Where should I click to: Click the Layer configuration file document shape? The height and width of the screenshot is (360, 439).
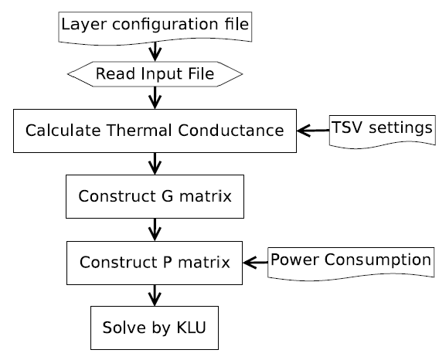click(x=155, y=28)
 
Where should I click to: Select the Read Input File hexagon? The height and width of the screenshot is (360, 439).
click(x=155, y=74)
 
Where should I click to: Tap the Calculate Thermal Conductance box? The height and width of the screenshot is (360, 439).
click(x=155, y=131)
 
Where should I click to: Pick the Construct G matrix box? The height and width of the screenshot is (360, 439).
click(x=155, y=196)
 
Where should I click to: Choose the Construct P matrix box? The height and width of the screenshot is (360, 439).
click(x=155, y=263)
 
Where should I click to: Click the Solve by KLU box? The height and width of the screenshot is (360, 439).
click(x=155, y=328)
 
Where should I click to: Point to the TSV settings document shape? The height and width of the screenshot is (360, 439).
click(x=383, y=131)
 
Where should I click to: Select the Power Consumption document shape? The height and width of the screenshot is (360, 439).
click(x=351, y=263)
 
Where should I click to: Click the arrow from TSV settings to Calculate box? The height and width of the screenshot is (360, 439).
click(x=313, y=131)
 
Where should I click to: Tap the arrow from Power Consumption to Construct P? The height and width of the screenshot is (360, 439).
click(x=255, y=263)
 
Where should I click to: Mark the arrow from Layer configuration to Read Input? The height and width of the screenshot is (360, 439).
click(x=155, y=52)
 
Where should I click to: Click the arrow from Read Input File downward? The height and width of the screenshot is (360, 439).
click(x=155, y=97)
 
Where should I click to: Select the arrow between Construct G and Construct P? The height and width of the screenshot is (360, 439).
click(x=155, y=229)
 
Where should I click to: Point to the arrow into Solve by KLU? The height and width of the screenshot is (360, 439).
click(x=155, y=295)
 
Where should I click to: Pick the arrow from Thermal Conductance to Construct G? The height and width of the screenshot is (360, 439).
click(x=155, y=164)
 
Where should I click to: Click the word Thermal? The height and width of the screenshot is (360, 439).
click(x=139, y=131)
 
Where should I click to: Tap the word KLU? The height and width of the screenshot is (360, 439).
click(x=192, y=328)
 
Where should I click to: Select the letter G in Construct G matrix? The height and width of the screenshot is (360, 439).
click(x=168, y=196)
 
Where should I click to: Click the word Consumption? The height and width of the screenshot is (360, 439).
click(x=378, y=260)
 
